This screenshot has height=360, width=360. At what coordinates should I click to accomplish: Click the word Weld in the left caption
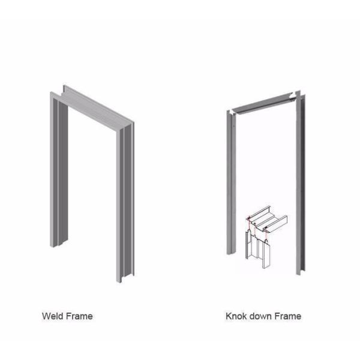(x=52, y=316)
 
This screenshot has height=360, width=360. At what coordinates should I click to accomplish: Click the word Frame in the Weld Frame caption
(x=79, y=316)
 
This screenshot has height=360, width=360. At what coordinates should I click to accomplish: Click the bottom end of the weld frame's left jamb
(x=58, y=244)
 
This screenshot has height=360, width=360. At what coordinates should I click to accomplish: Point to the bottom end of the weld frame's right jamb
(x=125, y=278)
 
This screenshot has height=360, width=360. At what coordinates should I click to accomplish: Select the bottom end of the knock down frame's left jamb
(x=231, y=253)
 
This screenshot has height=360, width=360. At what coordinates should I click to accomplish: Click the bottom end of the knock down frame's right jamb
(x=301, y=272)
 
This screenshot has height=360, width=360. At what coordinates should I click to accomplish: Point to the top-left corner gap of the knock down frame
(x=232, y=112)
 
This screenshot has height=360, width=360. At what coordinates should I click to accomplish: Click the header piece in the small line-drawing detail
(x=268, y=219)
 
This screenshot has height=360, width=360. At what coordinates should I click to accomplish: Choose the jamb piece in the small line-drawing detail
(x=258, y=249)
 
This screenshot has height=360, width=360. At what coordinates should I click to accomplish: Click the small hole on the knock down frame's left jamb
(x=233, y=126)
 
